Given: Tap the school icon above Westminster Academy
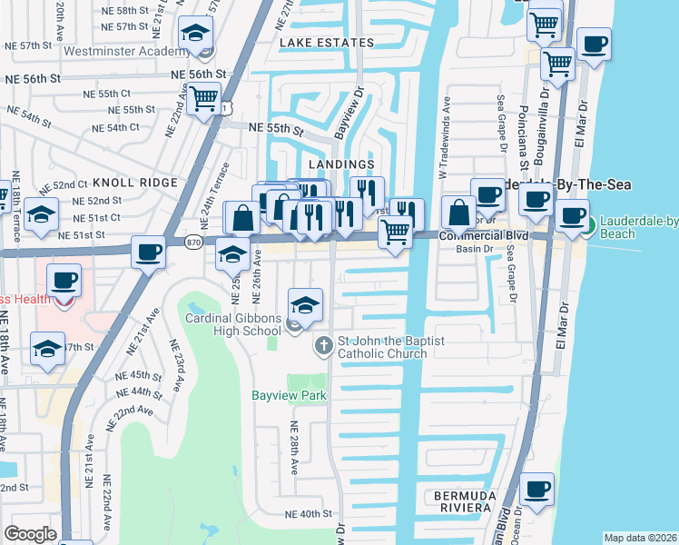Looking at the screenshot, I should tap(194, 35).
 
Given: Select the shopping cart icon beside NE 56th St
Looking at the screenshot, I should tap(205, 95).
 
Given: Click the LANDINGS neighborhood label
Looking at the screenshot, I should tap(341, 164).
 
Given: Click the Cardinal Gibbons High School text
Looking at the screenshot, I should tap(233, 324).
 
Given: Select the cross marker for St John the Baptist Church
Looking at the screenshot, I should tap(323, 346).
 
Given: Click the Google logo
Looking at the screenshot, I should tap(30, 534).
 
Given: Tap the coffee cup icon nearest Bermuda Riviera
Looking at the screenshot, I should tap(537, 488).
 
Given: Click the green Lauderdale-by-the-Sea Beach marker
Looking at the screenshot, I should tap(587, 225).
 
